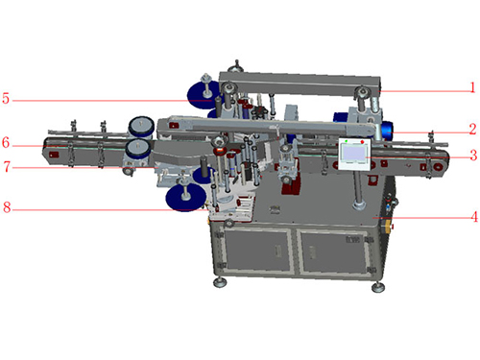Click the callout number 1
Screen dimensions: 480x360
click(x=472, y=87)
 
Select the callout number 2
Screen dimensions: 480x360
click(x=472, y=129)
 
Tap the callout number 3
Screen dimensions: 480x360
click(x=473, y=155)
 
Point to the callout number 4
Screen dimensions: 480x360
click(x=474, y=217)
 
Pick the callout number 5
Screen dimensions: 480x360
click(x=6, y=98)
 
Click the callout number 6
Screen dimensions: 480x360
click(x=6, y=143)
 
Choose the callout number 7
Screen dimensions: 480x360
click(x=7, y=167)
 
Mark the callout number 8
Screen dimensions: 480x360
click(x=7, y=207)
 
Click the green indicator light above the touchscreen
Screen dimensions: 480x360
click(x=347, y=141)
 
